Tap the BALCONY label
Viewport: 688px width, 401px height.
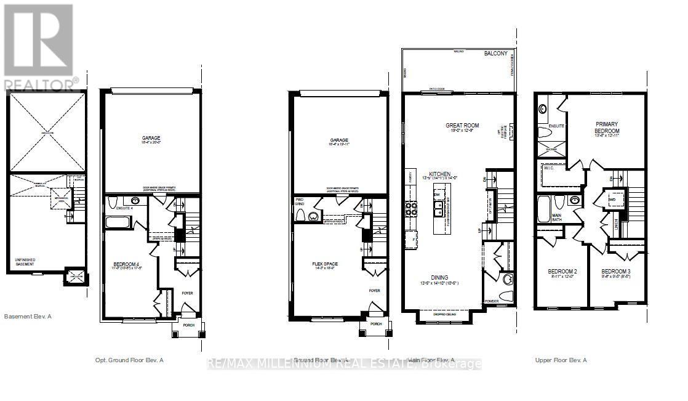coord(496,54)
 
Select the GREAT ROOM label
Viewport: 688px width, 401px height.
coord(462,126)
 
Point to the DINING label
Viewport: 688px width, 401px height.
coord(439,278)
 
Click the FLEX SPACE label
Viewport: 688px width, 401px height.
coord(325,264)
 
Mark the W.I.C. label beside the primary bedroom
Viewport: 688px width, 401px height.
coord(550,168)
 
